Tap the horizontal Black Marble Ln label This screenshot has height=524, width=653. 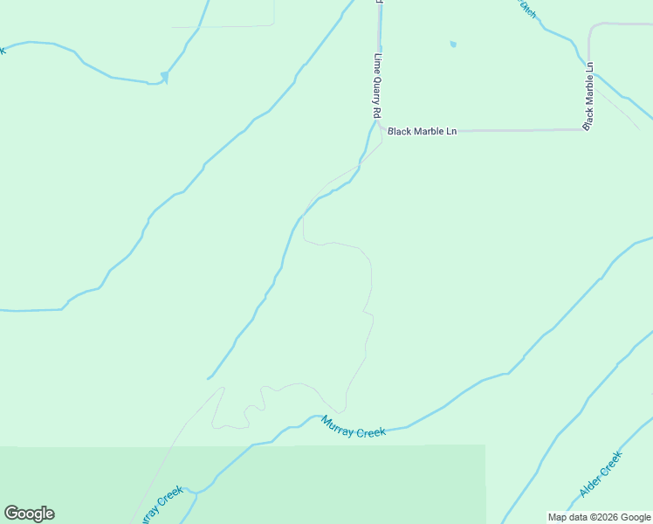coord(423,132)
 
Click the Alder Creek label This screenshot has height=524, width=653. coord(601,475)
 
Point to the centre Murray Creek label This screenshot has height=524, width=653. coord(353,428)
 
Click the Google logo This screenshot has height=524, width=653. coord(29,514)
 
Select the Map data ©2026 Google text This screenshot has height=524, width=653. coord(599,517)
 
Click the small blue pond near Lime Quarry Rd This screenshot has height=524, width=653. coord(452,45)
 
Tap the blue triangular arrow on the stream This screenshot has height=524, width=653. coord(163,78)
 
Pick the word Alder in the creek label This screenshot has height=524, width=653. coord(591,485)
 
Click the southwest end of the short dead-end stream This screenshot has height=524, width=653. coord(209,378)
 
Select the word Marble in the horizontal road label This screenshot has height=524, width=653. coord(430,132)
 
